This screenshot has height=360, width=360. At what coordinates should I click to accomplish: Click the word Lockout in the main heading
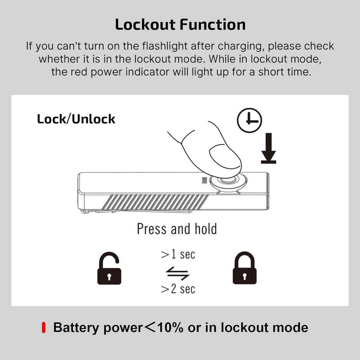click(x=146, y=25)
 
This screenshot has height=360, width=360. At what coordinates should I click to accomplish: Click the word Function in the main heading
click(x=213, y=25)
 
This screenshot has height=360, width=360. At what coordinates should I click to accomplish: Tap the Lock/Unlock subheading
click(x=76, y=119)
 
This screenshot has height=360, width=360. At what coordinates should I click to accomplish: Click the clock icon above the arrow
click(x=249, y=120)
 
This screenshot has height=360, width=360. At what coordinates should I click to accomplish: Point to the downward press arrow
click(x=269, y=148)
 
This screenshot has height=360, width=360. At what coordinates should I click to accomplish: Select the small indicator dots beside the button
click(x=204, y=180)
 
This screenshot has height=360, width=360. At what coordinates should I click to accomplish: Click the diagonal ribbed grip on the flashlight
click(x=155, y=202)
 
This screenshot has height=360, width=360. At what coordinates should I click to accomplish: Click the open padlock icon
click(x=109, y=268)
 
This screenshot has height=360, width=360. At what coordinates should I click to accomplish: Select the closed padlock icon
click(x=245, y=268)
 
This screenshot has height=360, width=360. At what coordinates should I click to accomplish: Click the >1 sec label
click(x=178, y=255)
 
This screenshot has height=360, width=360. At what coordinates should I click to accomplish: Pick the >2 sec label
click(x=178, y=289)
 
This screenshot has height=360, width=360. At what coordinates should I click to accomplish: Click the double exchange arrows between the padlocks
click(x=178, y=273)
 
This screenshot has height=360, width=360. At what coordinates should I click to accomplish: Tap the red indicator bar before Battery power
click(x=43, y=328)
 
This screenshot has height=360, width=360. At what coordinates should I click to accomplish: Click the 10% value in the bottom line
click(x=171, y=327)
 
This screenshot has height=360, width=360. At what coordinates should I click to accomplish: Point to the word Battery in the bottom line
click(x=76, y=328)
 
